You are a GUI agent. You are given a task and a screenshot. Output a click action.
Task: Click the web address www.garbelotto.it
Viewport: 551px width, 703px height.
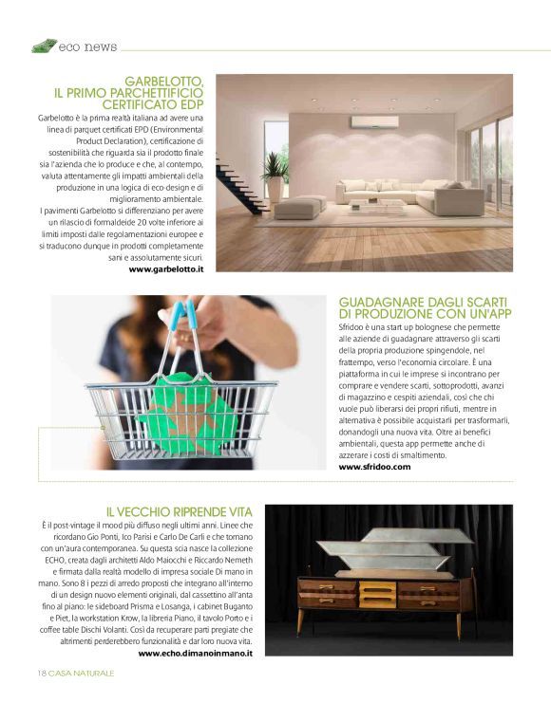click(166, 269)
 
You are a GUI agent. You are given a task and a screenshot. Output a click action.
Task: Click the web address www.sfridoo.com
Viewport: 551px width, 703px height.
click(374, 467)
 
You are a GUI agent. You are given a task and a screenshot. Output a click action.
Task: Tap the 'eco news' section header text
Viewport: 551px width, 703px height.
click(87, 46)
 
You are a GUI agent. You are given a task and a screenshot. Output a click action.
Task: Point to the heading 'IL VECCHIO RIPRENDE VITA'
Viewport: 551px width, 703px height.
click(179, 511)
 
